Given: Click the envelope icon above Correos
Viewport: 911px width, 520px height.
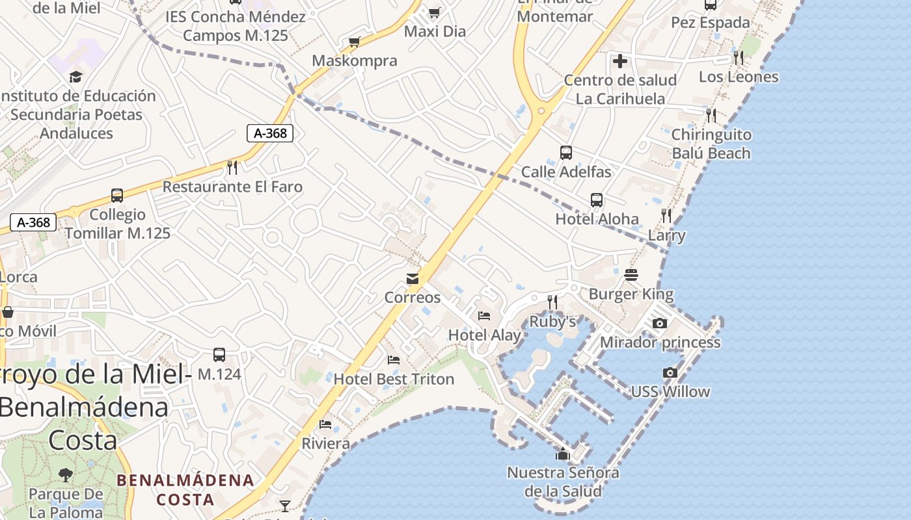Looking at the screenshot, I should point(413,279).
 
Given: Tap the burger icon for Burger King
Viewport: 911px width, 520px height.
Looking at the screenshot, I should point(631,275).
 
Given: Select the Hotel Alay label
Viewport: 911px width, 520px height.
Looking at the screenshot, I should point(484,335).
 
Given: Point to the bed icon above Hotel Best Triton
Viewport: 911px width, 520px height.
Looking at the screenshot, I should point(394,359).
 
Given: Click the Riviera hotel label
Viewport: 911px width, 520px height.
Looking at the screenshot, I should point(325,443).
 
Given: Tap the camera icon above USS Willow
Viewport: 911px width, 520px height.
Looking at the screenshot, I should point(670,372).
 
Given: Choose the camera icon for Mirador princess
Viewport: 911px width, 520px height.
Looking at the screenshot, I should point(659,323).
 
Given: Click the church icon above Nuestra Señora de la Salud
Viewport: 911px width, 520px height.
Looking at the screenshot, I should point(563,454).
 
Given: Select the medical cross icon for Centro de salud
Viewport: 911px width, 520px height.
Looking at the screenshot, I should point(620,61).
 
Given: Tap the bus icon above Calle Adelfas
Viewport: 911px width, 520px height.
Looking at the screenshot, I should point(566,153).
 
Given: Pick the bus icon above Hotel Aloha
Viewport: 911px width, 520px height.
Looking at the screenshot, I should point(597,200).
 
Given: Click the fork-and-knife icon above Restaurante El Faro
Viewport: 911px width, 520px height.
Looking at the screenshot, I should point(232,168).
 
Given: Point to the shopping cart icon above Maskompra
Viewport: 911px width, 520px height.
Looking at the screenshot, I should point(354,42).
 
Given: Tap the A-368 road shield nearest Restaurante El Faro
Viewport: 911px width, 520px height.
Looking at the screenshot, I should point(270,133).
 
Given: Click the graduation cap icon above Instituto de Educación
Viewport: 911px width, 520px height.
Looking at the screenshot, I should point(75,77).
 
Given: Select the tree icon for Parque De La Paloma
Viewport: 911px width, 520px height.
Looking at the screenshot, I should point(65,474).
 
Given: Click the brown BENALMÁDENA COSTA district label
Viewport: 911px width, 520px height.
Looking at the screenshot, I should point(185,489).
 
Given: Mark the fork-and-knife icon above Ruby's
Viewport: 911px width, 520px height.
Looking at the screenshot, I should point(552,302).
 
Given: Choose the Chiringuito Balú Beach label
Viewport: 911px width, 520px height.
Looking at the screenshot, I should point(711,144).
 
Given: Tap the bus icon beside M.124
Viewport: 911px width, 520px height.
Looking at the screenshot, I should point(219,355).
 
